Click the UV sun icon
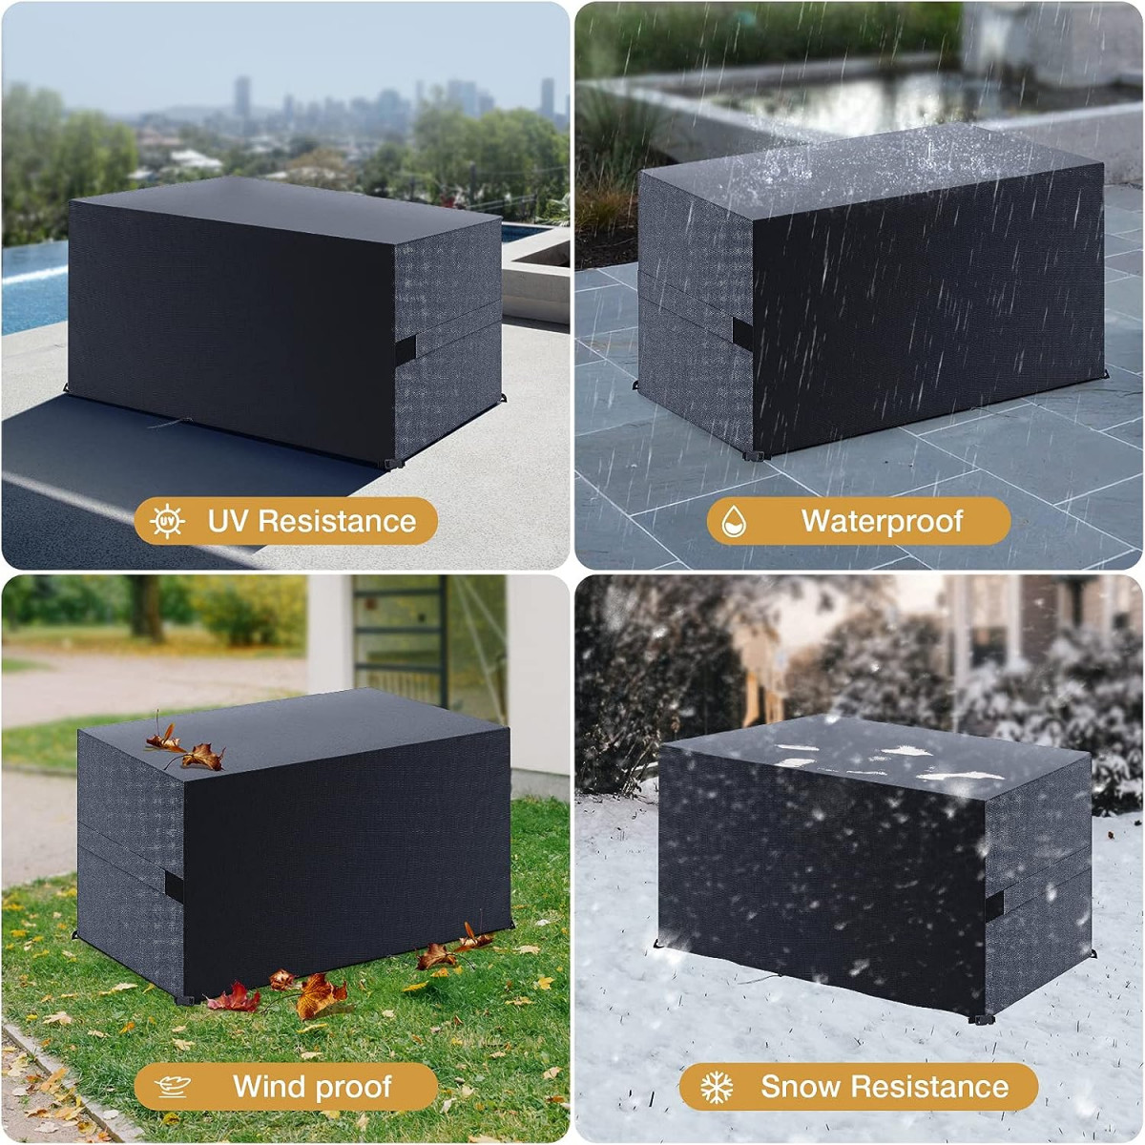(166, 522)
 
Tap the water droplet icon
(734, 521)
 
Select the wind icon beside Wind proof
(173, 1087)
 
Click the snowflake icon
(717, 1087)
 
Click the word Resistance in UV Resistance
(337, 521)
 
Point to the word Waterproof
(882, 522)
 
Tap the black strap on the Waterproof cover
(742, 335)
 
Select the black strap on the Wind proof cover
(174, 887)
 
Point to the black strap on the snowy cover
(994, 905)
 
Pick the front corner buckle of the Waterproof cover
(755, 455)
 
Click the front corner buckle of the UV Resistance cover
(393, 464)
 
